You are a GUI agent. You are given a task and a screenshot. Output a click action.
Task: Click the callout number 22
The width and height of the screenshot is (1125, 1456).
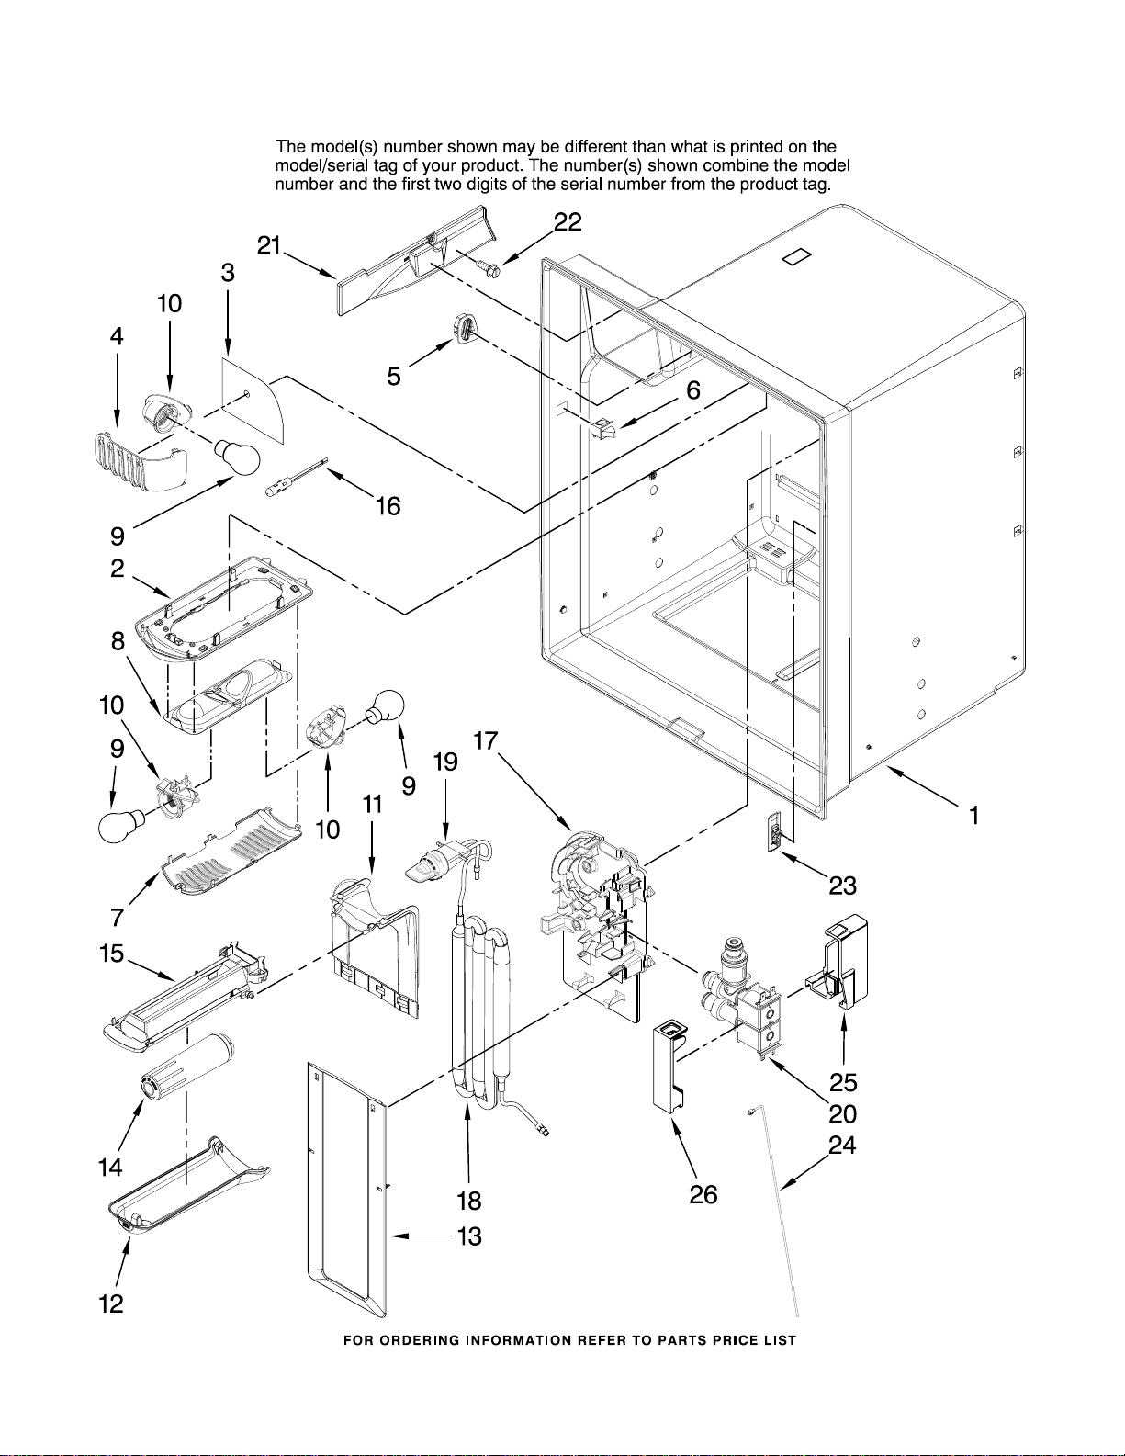pyautogui.click(x=568, y=221)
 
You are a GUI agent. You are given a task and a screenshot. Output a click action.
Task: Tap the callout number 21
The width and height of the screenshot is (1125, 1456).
pyautogui.click(x=269, y=246)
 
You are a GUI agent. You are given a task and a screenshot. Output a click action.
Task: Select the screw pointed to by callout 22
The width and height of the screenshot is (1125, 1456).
pyautogui.click(x=489, y=268)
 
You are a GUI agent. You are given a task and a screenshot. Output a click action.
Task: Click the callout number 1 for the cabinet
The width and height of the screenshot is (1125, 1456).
pyautogui.click(x=974, y=816)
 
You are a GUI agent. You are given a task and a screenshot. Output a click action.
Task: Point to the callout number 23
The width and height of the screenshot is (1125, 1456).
pyautogui.click(x=842, y=886)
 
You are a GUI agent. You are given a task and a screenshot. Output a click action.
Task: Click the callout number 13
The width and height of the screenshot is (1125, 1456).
pyautogui.click(x=469, y=1236)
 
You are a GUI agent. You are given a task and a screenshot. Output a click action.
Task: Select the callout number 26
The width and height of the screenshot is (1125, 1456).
pyautogui.click(x=703, y=1193)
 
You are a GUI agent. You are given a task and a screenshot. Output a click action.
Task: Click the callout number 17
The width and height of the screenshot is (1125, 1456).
pyautogui.click(x=486, y=740)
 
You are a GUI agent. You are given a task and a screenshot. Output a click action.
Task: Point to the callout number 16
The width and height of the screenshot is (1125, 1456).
pyautogui.click(x=388, y=506)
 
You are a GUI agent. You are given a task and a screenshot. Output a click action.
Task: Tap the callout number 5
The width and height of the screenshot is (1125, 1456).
pyautogui.click(x=394, y=377)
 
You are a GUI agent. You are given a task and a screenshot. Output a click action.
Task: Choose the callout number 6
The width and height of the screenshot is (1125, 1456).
pyautogui.click(x=693, y=390)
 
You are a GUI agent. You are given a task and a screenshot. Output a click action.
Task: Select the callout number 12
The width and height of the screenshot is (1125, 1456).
pyautogui.click(x=111, y=1304)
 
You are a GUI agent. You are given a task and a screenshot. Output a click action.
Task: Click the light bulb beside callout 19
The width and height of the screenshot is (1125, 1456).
pyautogui.click(x=384, y=706)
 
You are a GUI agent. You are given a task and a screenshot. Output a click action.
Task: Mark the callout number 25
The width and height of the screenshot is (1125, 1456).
pyautogui.click(x=843, y=1082)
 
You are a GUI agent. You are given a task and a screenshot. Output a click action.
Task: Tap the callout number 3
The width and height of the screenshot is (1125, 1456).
pyautogui.click(x=228, y=273)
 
